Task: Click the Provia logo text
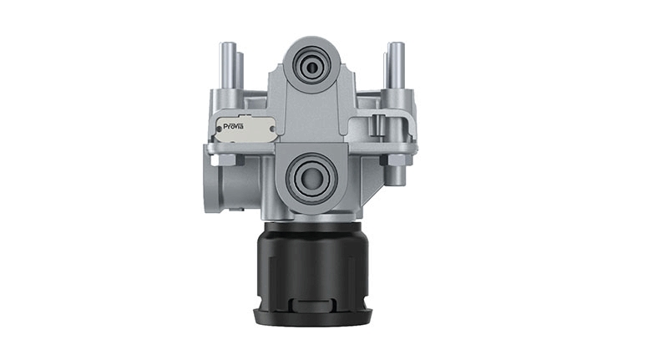234,126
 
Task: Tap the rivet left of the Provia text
219,127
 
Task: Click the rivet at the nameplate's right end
271,128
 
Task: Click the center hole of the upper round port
312,67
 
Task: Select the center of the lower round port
312,176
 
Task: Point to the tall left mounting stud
228,65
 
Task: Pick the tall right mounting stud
397,65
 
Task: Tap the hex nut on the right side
396,160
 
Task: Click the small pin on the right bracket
377,124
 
